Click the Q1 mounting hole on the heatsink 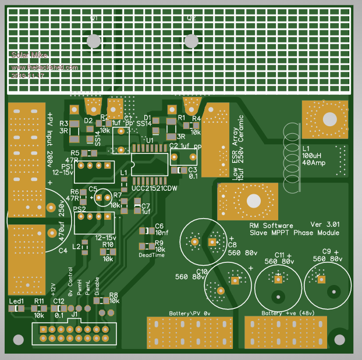click(x=93, y=41)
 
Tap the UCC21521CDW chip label click(x=154, y=188)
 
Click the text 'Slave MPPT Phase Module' click(x=294, y=233)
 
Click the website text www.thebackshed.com click(x=44, y=67)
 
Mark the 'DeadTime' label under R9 click(x=151, y=255)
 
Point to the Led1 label click(x=17, y=301)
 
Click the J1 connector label click(x=74, y=315)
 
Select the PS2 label click(x=80, y=209)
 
